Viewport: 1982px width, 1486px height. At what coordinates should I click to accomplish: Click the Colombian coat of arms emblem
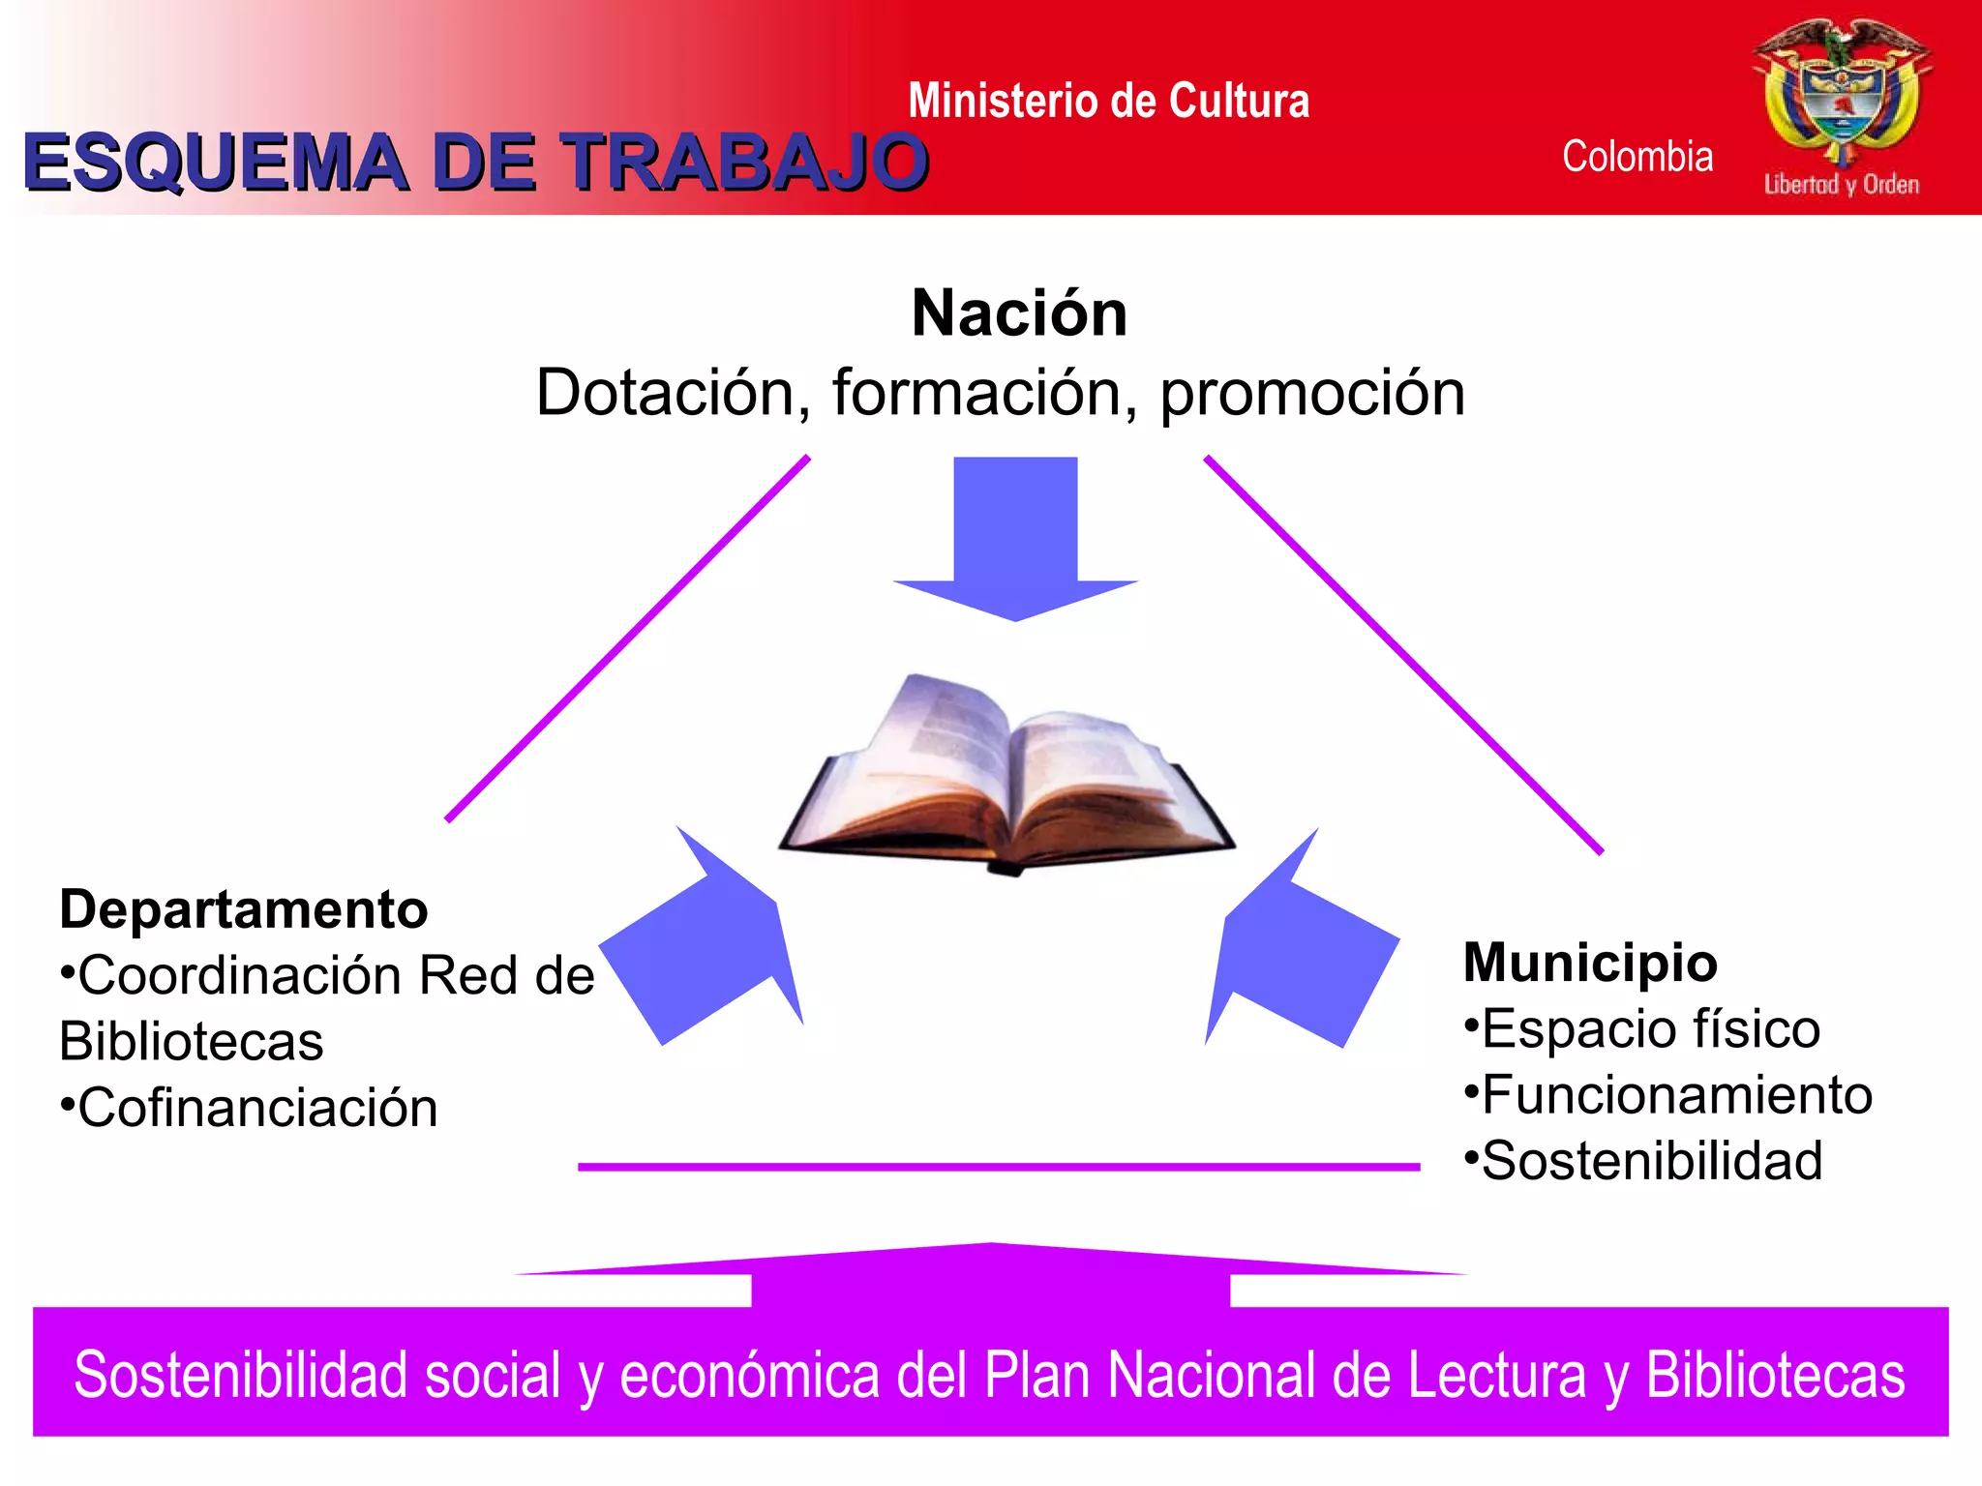(x=1842, y=92)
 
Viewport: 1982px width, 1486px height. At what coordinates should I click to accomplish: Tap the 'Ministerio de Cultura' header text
(x=1108, y=101)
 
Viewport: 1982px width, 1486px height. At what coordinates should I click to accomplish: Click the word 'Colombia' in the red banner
(x=1637, y=157)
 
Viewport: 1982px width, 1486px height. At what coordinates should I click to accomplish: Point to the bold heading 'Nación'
(x=1019, y=313)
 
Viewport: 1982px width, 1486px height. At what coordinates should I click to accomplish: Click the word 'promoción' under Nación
(x=1312, y=393)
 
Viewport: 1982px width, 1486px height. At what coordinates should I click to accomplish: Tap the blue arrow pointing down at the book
(x=1015, y=537)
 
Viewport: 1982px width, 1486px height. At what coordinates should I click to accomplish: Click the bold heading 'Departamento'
(x=243, y=909)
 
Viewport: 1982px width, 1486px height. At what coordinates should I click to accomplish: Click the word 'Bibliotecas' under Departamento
(x=191, y=1042)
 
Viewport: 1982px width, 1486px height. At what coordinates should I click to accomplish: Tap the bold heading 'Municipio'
(x=1590, y=963)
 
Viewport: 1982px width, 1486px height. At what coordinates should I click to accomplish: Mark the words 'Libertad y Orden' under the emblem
(x=1841, y=184)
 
